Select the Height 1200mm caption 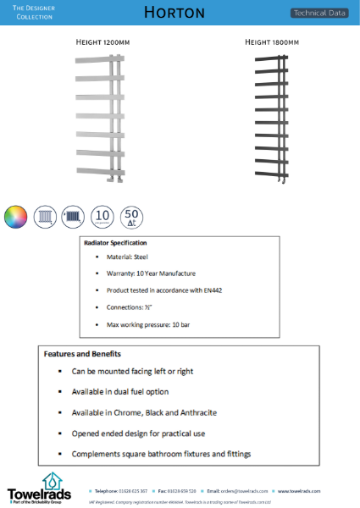pyautogui.click(x=103, y=41)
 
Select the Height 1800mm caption pyautogui.click(x=272, y=41)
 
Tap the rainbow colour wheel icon pyautogui.click(x=15, y=217)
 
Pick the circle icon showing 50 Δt pyautogui.click(x=132, y=217)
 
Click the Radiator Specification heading pyautogui.click(x=115, y=243)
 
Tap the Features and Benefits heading pyautogui.click(x=82, y=354)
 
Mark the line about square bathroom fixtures pyautogui.click(x=161, y=454)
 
